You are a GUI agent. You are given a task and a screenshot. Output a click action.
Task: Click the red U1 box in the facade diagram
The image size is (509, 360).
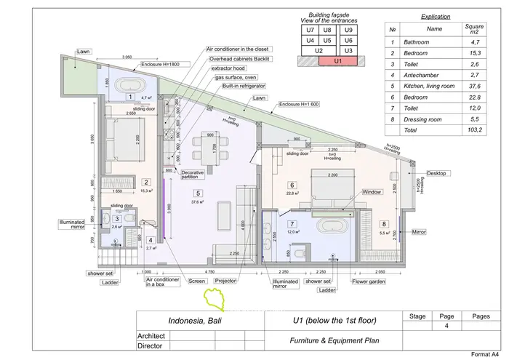(336, 62)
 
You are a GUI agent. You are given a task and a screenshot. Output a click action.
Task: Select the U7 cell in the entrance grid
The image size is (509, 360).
(310, 31)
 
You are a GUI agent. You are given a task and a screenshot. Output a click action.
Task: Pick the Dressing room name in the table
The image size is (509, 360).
(435, 119)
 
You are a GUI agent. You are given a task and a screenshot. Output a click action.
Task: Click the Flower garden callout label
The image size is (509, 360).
(368, 281)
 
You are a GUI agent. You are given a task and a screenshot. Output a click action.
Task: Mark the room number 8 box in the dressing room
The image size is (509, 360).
(384, 224)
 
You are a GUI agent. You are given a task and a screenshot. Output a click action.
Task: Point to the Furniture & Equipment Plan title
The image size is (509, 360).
(332, 340)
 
